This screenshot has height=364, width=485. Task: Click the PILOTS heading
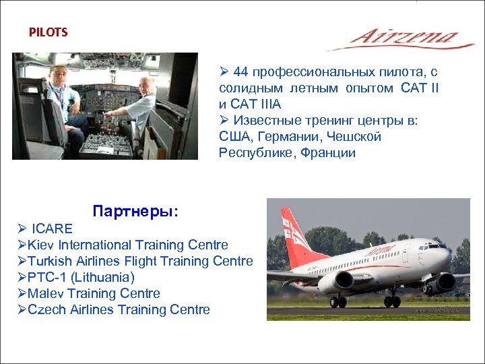(x=48, y=32)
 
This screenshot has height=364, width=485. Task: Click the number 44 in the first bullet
(x=241, y=71)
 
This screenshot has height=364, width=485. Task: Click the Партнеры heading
(x=135, y=211)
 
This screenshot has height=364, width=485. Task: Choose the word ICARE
(x=52, y=229)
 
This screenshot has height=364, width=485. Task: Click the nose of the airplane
(x=448, y=257)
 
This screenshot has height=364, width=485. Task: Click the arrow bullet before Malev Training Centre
(x=22, y=293)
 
